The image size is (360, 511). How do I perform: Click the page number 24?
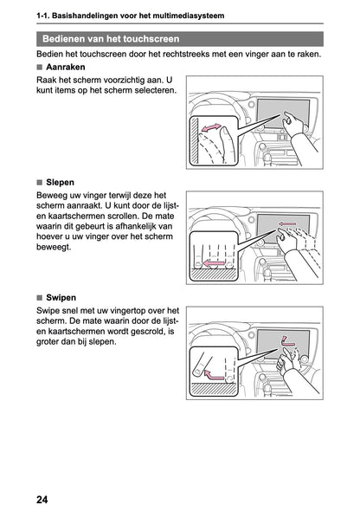tap(42, 500)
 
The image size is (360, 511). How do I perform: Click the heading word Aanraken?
tap(66, 68)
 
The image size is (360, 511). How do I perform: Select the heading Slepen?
tap(61, 183)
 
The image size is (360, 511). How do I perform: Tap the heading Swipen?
tap(61, 298)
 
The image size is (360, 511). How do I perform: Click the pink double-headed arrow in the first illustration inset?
tap(210, 127)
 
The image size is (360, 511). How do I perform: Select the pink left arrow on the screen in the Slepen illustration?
tap(287, 224)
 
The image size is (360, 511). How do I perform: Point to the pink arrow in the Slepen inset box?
tap(214, 263)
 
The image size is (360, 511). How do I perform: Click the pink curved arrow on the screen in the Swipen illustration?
tap(286, 341)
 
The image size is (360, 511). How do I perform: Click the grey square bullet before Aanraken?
tap(40, 68)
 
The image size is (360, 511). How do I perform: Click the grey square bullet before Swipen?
tap(40, 298)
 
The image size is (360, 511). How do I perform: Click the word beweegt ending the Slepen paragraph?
tap(54, 247)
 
